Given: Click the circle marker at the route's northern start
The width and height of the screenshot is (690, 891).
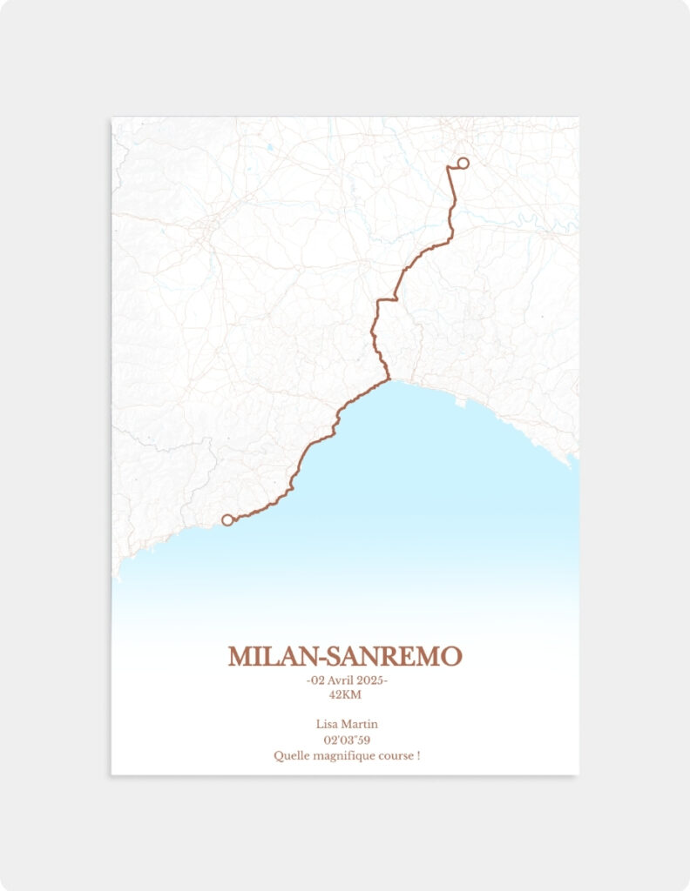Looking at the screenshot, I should pyautogui.click(x=463, y=163).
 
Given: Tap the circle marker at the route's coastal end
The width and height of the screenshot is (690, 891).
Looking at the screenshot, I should pyautogui.click(x=227, y=519).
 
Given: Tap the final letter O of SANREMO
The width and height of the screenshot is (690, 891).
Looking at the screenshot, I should pyautogui.click(x=452, y=657).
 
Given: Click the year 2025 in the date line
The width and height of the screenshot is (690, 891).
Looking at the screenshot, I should pyautogui.click(x=370, y=680).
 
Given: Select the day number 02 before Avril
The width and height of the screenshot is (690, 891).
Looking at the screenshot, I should pyautogui.click(x=318, y=680).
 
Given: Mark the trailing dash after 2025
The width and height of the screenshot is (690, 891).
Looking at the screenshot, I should pyautogui.click(x=386, y=680).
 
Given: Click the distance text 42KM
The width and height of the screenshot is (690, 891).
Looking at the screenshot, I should pyautogui.click(x=345, y=694).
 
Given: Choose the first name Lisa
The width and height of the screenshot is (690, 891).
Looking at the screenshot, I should pyautogui.click(x=328, y=724).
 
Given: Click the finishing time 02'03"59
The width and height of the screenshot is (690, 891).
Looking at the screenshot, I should pyautogui.click(x=347, y=740).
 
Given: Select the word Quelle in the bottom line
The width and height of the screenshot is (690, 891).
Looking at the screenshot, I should pyautogui.click(x=290, y=755).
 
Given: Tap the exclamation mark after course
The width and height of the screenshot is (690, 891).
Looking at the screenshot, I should pyautogui.click(x=418, y=755).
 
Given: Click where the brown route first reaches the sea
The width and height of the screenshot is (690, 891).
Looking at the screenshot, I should pyautogui.click(x=389, y=379).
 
